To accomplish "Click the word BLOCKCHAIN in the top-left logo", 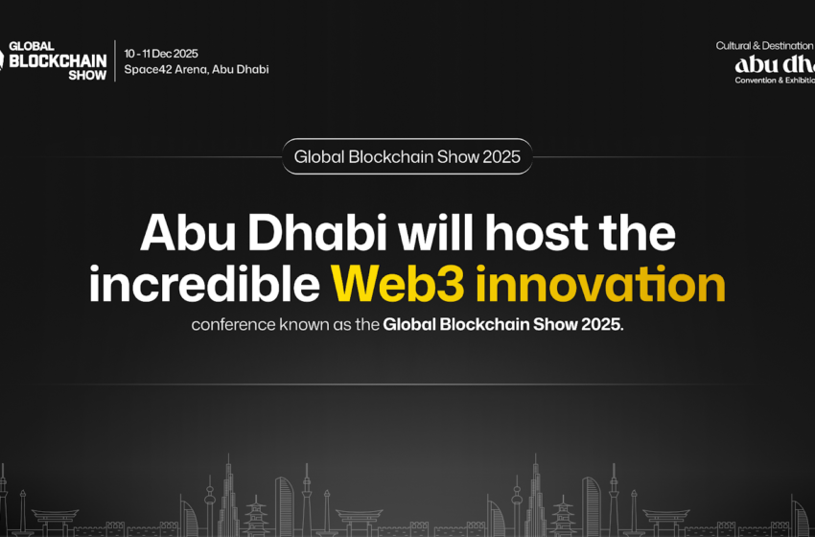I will pyautogui.click(x=57, y=59).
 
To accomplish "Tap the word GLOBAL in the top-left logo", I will pyautogui.click(x=31, y=45).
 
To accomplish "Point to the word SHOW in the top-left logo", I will pyautogui.click(x=87, y=74).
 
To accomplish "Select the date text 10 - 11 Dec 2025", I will pyautogui.click(x=161, y=54).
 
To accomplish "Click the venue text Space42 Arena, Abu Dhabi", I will pyautogui.click(x=197, y=69).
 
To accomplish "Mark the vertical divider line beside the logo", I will pyautogui.click(x=115, y=60).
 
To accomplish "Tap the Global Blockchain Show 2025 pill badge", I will pyautogui.click(x=407, y=155).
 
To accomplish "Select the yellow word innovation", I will pyautogui.click(x=600, y=284).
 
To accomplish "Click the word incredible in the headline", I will pyautogui.click(x=203, y=284).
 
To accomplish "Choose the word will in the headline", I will pyautogui.click(x=424, y=234).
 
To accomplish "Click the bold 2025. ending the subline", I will pyautogui.click(x=602, y=324).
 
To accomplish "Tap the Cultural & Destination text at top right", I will pyautogui.click(x=764, y=45).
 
